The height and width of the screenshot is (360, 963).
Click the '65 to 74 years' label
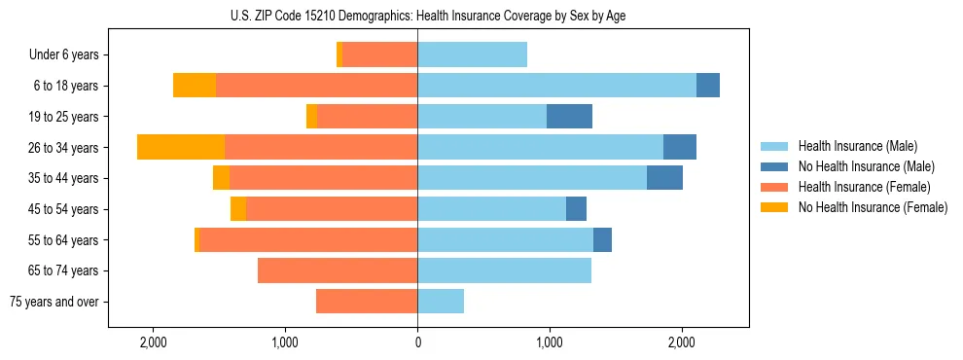click(x=63, y=270)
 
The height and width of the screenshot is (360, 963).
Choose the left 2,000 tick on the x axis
click(x=153, y=342)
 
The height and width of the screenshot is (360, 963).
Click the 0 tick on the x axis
click(x=417, y=342)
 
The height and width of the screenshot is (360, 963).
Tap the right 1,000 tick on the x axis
click(x=550, y=342)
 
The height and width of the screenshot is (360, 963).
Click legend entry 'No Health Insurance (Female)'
click(x=873, y=207)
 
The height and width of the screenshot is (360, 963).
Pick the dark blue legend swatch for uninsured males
click(x=775, y=166)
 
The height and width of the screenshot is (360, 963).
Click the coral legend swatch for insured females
click(x=775, y=187)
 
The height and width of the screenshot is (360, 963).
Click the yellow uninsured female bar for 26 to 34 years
click(x=181, y=147)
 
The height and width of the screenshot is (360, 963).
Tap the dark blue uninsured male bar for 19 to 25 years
click(x=569, y=117)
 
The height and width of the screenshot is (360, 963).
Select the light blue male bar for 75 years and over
click(x=441, y=302)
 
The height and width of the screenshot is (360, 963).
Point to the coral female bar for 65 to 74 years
click(x=338, y=270)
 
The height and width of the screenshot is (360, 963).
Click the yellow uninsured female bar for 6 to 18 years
click(x=195, y=86)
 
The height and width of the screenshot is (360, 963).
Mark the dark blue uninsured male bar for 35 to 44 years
click(x=664, y=178)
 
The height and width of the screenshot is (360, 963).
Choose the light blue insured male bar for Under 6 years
click(x=472, y=54)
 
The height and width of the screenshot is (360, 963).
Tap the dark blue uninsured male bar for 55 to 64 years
click(x=602, y=239)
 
